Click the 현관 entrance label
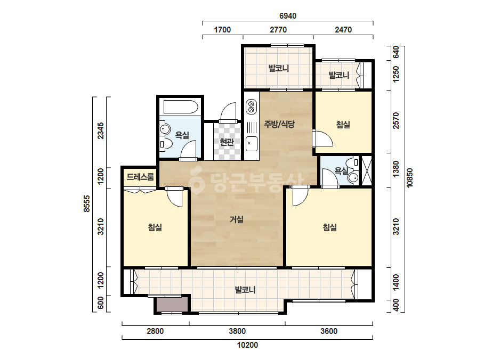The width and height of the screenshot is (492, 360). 227,142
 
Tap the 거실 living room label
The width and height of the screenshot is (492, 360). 237,219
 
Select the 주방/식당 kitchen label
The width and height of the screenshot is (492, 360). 279,124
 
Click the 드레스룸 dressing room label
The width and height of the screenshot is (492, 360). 140,177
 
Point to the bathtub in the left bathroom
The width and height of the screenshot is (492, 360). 180,107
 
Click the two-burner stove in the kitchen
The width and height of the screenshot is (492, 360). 251,107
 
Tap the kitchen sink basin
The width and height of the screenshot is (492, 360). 252,144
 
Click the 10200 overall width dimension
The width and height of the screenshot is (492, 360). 247,345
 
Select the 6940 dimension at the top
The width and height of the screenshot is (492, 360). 288,15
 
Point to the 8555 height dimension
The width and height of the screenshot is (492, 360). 87,203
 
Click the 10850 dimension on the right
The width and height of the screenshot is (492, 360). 409,178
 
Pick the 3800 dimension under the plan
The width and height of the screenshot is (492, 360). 237,331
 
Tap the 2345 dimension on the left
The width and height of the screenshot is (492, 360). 100,130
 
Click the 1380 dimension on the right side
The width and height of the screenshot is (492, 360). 396,169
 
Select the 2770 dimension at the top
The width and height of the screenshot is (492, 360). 278,30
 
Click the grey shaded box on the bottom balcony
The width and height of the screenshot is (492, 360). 173,304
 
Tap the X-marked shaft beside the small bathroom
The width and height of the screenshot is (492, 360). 367,171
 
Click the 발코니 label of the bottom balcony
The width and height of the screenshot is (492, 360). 245,290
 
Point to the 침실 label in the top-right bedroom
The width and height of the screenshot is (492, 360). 343,125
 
